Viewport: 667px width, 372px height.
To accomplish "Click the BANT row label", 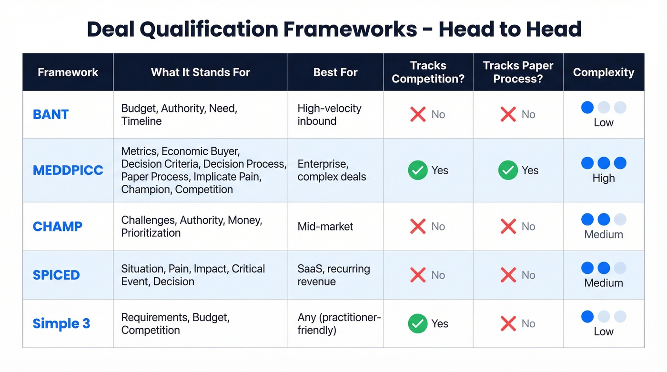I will tap(51, 114).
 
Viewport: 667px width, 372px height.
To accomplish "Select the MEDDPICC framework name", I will tap(68, 170).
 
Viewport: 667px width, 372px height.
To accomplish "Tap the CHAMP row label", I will tap(57, 226).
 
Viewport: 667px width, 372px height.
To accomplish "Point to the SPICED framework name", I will tap(56, 275).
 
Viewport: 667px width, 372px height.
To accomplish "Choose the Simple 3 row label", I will tap(61, 323).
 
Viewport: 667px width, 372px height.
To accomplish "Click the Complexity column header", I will tap(603, 72).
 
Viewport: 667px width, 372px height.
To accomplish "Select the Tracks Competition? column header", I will tap(428, 72).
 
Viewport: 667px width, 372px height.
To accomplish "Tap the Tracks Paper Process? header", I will tap(518, 72).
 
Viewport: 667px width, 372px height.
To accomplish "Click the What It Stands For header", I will tap(200, 72).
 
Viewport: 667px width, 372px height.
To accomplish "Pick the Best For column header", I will tap(335, 72).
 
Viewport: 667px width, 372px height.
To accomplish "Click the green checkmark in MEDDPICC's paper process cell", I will tap(508, 171).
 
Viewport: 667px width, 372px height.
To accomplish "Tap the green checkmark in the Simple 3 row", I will tap(418, 323).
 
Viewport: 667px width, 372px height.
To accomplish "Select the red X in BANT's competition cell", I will tap(418, 114).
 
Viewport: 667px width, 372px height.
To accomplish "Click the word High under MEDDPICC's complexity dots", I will tap(603, 178).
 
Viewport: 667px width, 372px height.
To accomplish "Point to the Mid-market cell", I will tap(325, 226).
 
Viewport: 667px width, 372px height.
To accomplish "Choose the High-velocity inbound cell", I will tap(329, 114).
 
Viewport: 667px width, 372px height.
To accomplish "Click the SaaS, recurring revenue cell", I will tap(333, 275).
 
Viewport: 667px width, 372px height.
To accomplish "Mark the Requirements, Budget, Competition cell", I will tap(175, 323).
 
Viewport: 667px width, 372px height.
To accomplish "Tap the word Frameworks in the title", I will tap(350, 29).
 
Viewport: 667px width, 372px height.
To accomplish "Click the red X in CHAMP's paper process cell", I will tap(508, 226).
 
